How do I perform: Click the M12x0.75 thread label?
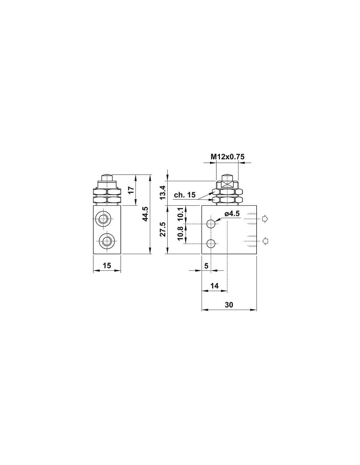227,157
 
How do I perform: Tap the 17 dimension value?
131,190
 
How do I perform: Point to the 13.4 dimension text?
163,192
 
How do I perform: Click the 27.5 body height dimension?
163,229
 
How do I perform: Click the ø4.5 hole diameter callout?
232,214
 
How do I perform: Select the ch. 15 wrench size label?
185,195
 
